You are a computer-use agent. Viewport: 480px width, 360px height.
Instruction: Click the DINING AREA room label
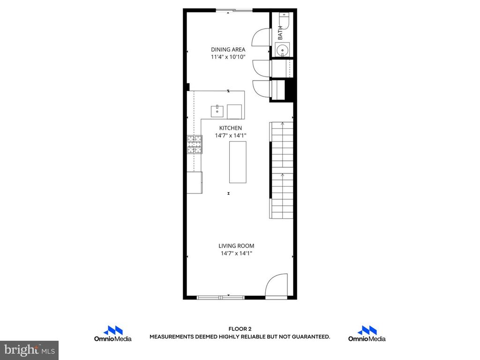(228, 50)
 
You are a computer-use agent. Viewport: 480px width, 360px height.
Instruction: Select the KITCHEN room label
(231, 128)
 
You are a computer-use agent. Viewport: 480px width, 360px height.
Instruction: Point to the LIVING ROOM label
(236, 246)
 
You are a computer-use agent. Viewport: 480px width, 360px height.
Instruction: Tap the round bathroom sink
(282, 50)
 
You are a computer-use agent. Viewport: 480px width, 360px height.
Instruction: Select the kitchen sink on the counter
(217, 112)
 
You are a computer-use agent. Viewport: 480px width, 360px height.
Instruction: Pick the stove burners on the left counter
(195, 144)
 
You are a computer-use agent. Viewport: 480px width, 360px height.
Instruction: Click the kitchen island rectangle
(237, 162)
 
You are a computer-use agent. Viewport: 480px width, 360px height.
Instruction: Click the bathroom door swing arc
(261, 37)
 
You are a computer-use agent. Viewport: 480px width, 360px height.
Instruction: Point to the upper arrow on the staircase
(283, 125)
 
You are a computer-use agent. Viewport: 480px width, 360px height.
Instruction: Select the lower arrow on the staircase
(283, 175)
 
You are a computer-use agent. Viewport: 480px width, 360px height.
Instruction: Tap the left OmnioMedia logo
(112, 334)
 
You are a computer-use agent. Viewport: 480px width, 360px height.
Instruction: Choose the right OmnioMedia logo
(367, 334)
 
